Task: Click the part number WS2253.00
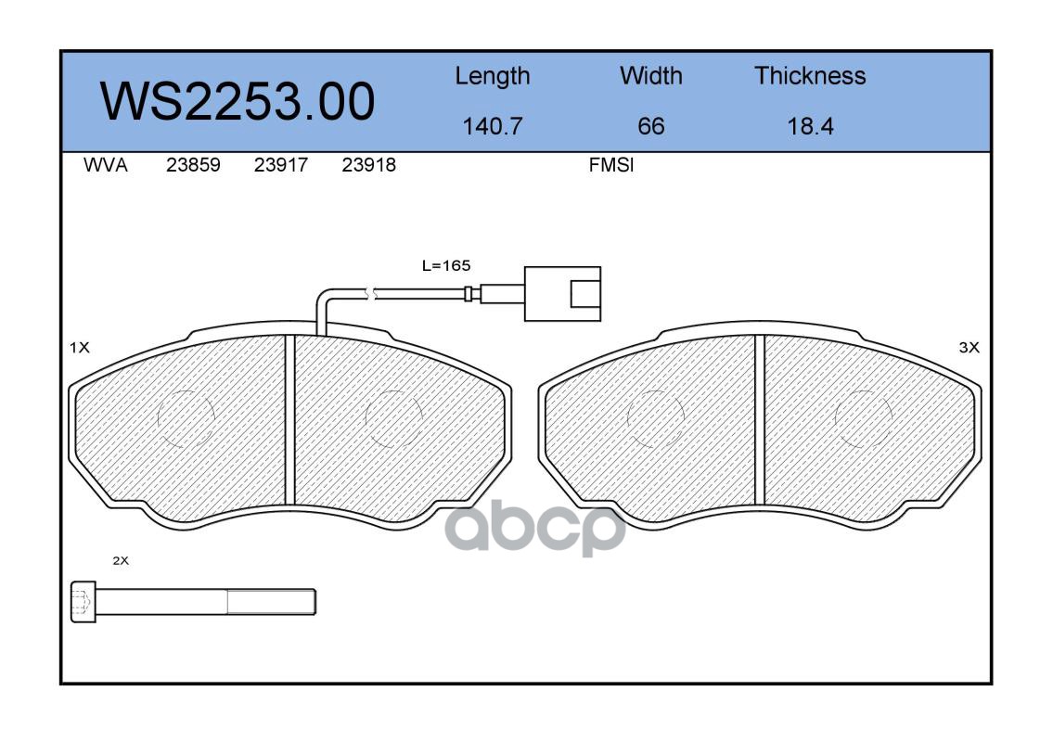click(x=238, y=101)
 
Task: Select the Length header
click(x=493, y=77)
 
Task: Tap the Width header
click(x=650, y=75)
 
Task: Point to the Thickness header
click(x=810, y=75)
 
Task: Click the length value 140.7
click(x=493, y=126)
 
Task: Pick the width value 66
click(x=650, y=126)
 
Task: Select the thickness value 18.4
click(x=810, y=126)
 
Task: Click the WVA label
click(x=106, y=165)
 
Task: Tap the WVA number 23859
click(x=193, y=165)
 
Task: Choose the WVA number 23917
click(x=281, y=165)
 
